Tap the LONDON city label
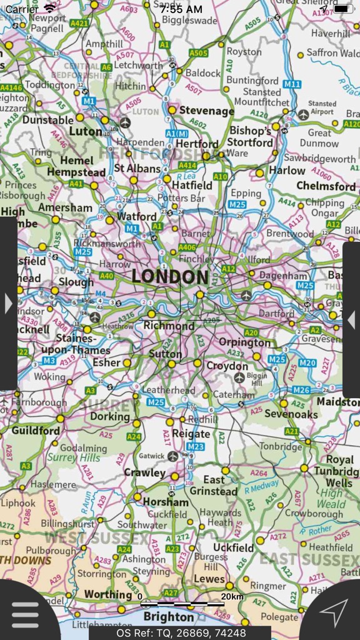(x=170, y=277)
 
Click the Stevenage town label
(x=206, y=111)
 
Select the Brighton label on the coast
(x=169, y=617)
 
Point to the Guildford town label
(x=36, y=431)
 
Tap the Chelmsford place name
(x=326, y=186)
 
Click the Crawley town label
(x=144, y=472)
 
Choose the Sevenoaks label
(x=291, y=414)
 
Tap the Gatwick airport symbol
(x=172, y=456)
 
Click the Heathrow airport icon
(x=94, y=317)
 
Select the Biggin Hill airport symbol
(x=239, y=377)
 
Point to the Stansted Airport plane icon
(x=304, y=114)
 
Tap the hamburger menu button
(x=25, y=615)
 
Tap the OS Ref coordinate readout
(x=179, y=632)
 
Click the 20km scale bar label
(x=232, y=596)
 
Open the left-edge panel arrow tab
(x=8, y=304)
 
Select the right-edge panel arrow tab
(x=351, y=320)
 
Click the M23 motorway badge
(x=196, y=446)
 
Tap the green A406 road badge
(x=187, y=247)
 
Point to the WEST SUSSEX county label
(x=96, y=537)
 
